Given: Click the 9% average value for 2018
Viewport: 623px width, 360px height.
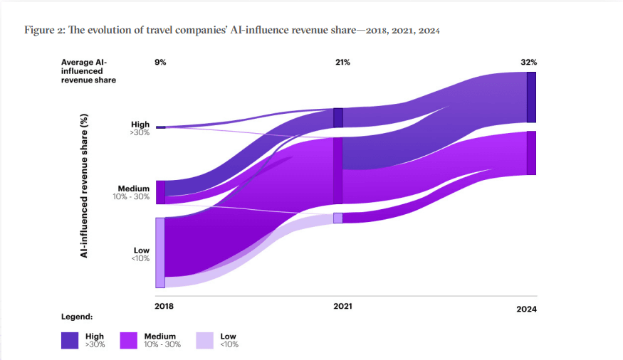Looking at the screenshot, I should point(160,63).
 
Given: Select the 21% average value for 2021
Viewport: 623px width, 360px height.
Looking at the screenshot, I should point(342,63).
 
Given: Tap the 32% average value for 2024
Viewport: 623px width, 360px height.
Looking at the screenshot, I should point(528,63).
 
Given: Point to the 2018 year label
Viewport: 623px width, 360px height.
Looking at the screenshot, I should point(164,305).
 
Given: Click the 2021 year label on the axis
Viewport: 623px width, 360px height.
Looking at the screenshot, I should point(342,306).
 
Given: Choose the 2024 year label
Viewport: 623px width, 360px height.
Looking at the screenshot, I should point(526,309).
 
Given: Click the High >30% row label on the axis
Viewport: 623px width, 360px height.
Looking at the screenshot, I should point(140,128).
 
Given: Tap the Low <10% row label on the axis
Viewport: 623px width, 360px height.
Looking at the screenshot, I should point(140,254).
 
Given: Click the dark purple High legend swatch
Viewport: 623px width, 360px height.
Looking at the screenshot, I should point(70,341).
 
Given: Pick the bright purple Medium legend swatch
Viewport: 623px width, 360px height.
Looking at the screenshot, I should point(129,341).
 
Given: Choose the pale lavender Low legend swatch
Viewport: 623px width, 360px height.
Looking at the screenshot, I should point(204,341).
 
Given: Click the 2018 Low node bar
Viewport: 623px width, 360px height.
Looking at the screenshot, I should point(160,253).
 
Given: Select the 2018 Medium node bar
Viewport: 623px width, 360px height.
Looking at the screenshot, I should point(160,192).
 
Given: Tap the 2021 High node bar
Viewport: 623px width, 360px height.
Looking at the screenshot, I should point(338,117).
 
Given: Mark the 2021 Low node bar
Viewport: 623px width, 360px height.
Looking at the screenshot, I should point(338,218).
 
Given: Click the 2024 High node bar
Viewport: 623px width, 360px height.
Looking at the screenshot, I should point(531,97).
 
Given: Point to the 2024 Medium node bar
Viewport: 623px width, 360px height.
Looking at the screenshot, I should point(531,153).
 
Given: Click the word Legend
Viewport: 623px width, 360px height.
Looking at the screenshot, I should point(77,315).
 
